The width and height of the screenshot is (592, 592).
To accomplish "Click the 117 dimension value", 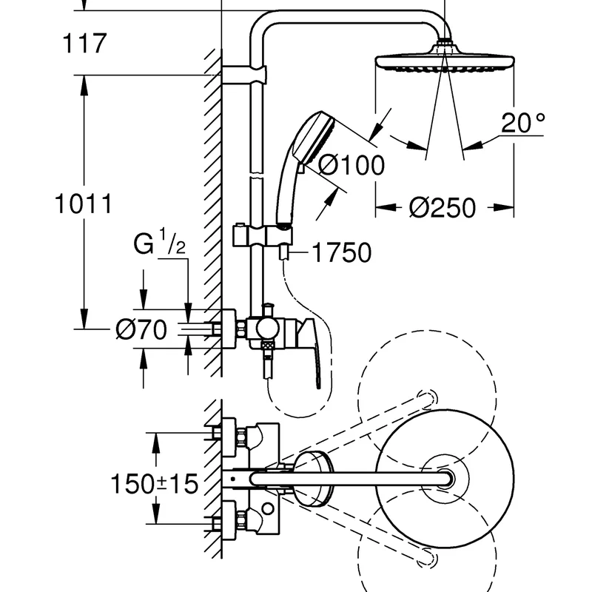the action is pos(84,43).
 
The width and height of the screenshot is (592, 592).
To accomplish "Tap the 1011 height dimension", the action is pos(84,204).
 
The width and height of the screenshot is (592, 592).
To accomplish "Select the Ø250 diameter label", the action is pos(442,208).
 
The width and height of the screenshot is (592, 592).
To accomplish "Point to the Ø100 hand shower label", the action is pos(351,165).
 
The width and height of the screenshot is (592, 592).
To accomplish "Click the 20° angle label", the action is pos(523,122).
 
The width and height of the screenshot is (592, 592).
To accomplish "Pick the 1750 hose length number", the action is pos(342,252).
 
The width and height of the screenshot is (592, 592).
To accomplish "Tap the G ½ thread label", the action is pos(159,242).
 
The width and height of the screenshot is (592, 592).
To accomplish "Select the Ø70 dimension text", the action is pos(141,329).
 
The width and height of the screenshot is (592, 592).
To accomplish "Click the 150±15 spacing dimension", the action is pos(154,484).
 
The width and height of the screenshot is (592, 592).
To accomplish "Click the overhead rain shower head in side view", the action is pos(445,59).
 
